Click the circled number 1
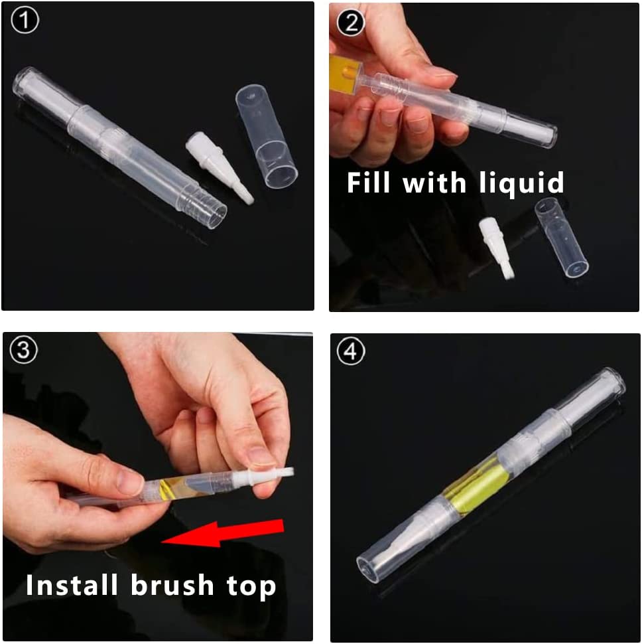pos(25,21)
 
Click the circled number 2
pos(351,22)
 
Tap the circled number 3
pos(23,350)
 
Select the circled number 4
pos(351,351)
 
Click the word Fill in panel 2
pos(368,182)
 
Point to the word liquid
pos(521,184)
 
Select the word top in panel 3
pos(251,588)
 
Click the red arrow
pos(223,533)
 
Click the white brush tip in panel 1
pos(219,167)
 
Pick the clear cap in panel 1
pos(267,136)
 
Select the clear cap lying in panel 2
pos(562,237)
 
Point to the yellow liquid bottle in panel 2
pos(344,73)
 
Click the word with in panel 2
pos(434,182)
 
